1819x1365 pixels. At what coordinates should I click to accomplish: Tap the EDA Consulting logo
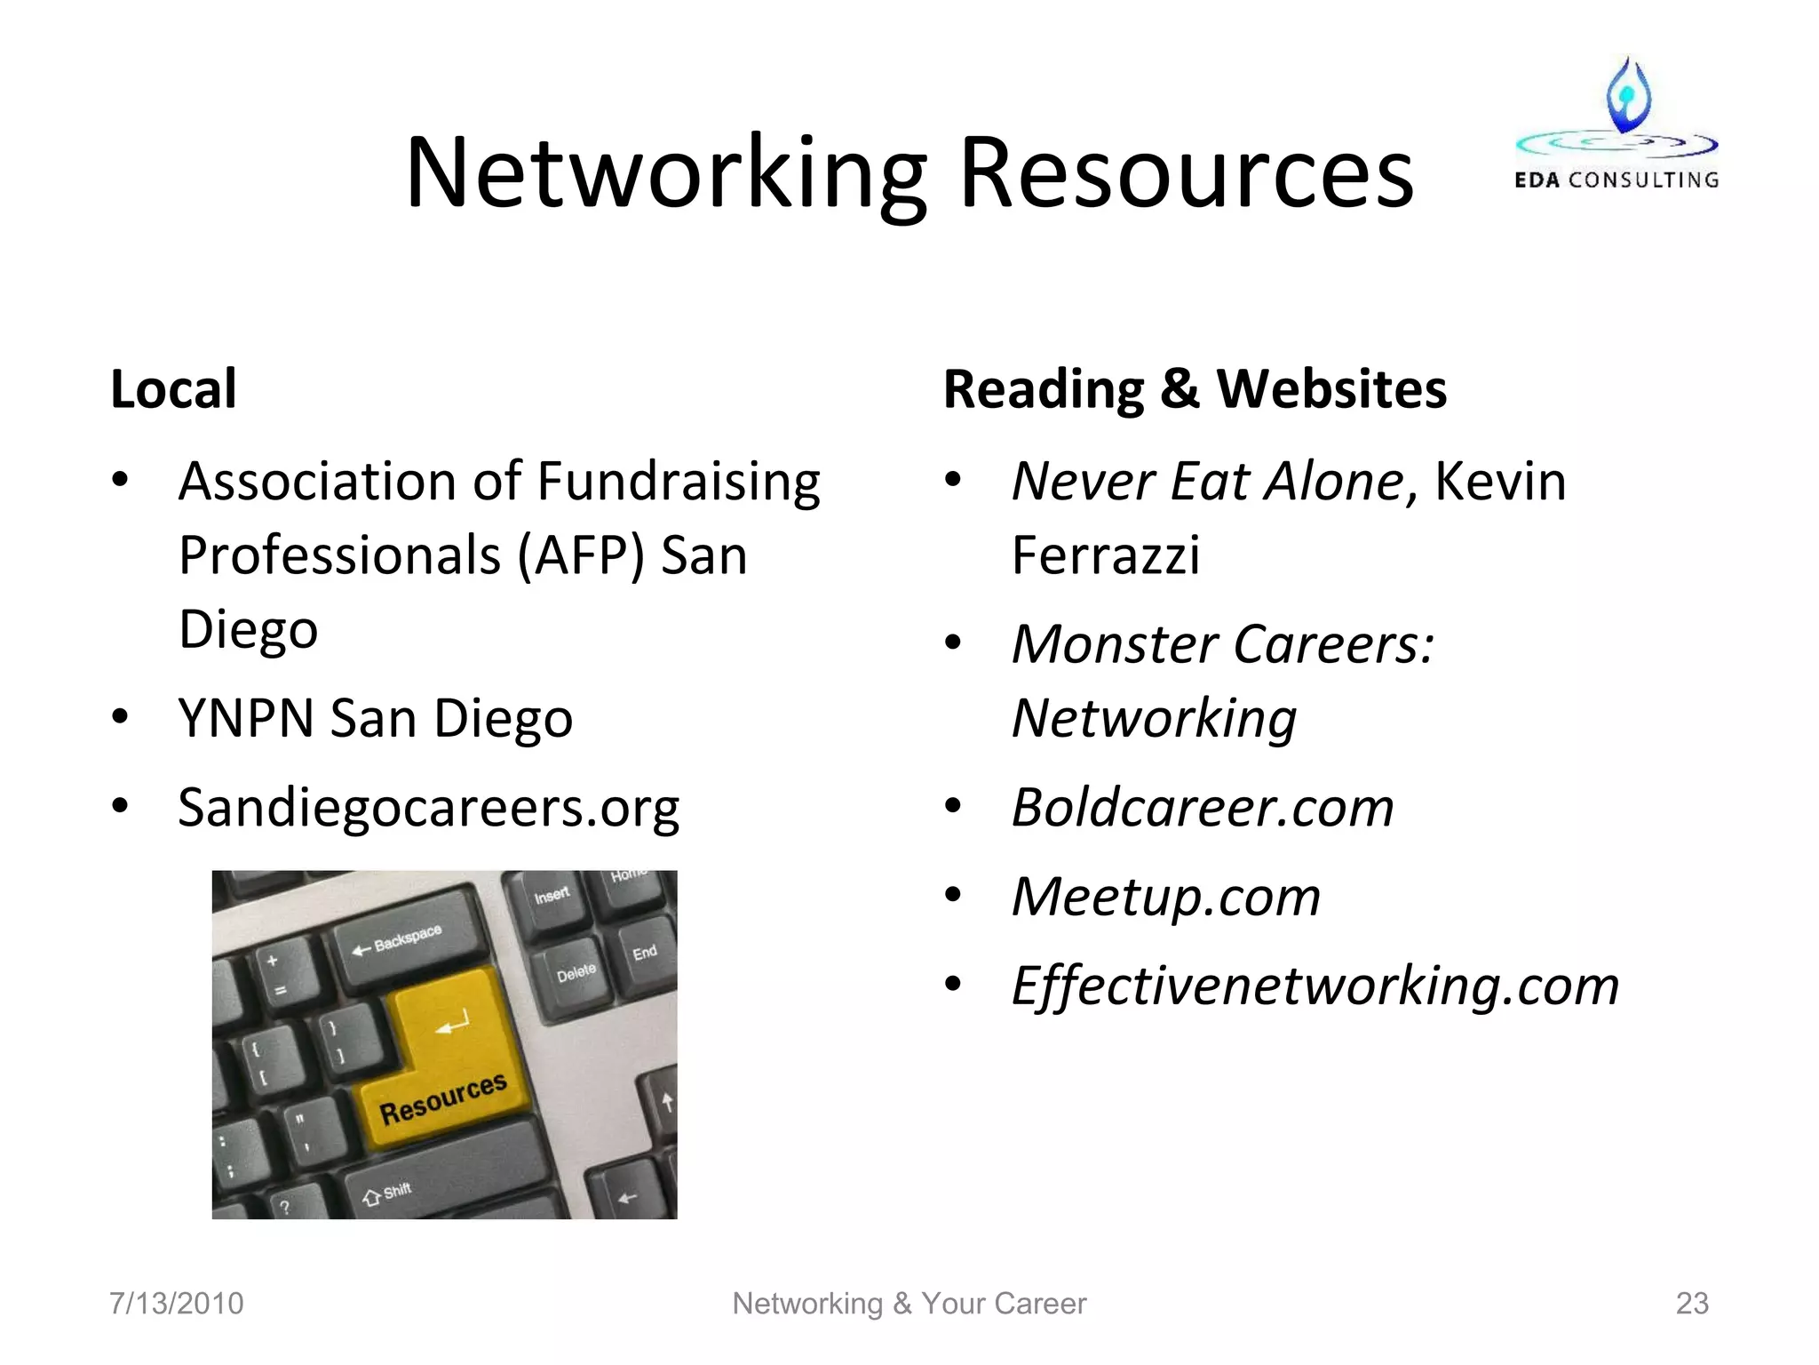click(1616, 124)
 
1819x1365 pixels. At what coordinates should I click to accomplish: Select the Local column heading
click(173, 389)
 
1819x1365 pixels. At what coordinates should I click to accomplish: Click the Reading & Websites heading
click(1195, 389)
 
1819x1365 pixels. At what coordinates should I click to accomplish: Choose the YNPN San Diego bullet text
click(375, 718)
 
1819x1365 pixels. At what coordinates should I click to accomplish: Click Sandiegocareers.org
click(428, 808)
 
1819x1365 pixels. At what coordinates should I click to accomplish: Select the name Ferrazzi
click(1105, 556)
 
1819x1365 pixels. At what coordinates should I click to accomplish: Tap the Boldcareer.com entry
click(1203, 808)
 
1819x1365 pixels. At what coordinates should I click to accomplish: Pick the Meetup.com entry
click(1165, 897)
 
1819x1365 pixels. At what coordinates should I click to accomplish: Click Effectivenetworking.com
click(1315, 986)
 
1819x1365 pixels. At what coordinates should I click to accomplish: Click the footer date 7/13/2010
click(176, 1304)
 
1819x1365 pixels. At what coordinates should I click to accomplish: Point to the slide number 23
click(1691, 1304)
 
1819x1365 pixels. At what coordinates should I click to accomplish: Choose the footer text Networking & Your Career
click(909, 1304)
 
